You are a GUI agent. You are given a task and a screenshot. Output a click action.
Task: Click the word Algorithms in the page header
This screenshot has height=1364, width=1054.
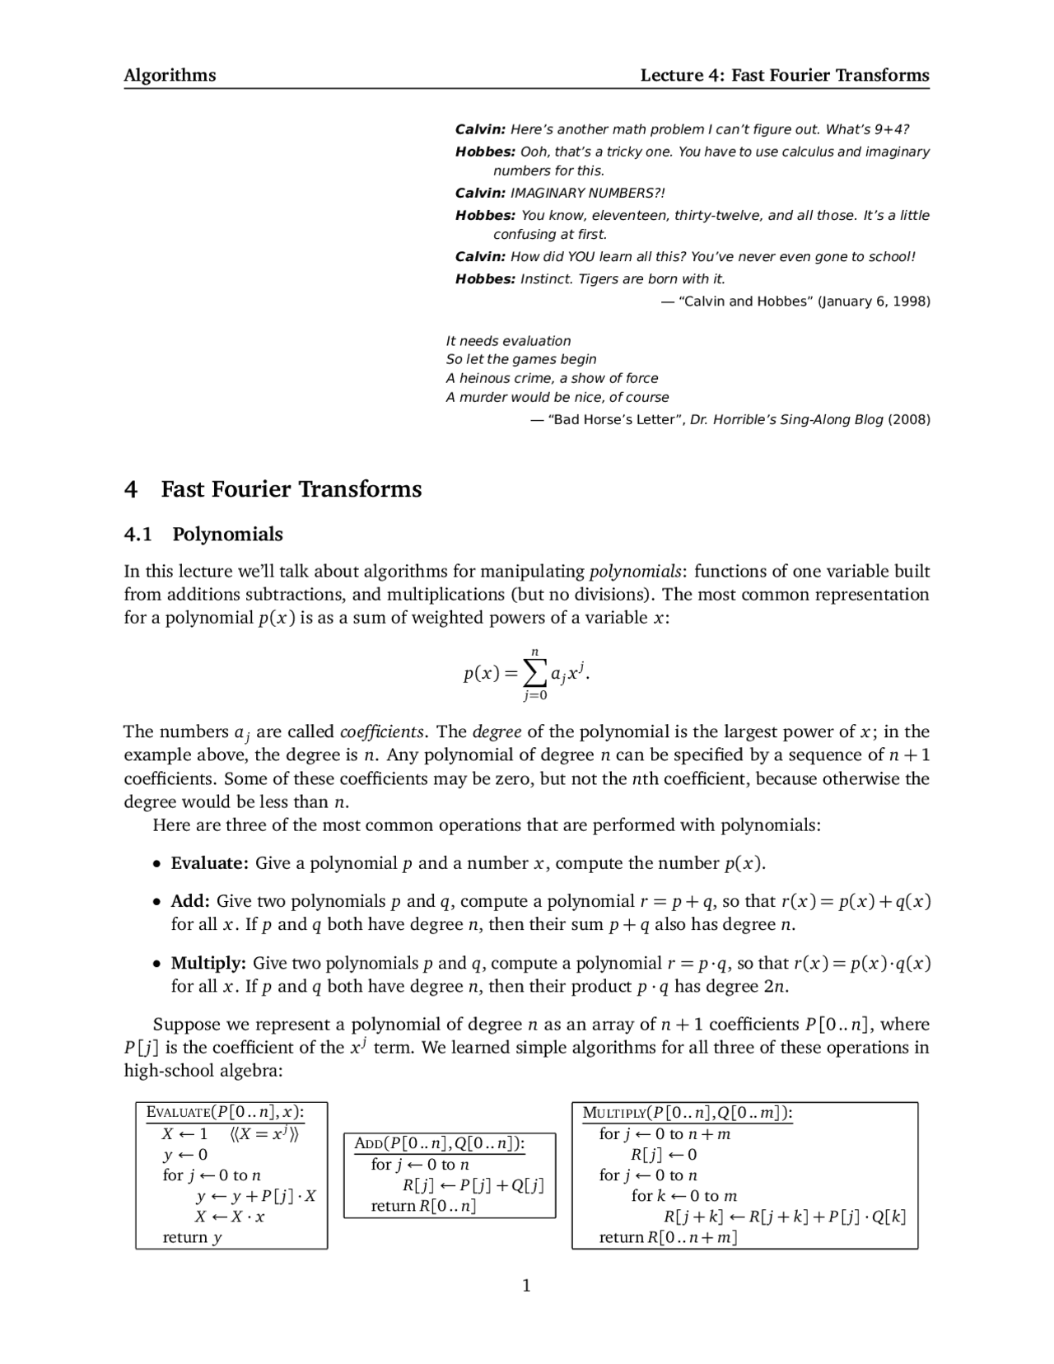(170, 76)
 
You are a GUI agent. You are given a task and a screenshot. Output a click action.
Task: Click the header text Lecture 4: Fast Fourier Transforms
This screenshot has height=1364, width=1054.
(785, 76)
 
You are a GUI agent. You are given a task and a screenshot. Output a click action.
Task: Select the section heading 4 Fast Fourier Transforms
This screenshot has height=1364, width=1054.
(273, 489)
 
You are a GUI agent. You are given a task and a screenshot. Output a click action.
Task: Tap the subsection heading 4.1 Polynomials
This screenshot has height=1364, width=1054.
(203, 535)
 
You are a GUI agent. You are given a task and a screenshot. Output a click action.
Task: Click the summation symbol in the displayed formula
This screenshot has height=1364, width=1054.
(534, 674)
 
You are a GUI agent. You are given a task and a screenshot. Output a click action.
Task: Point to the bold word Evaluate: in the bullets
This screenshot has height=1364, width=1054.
(209, 863)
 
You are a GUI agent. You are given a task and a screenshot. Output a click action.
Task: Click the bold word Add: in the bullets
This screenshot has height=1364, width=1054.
(190, 901)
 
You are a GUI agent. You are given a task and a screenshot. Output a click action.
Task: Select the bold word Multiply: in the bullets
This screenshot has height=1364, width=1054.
(208, 963)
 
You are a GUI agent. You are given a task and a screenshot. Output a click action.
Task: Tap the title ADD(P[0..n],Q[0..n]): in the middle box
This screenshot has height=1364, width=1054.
(439, 1143)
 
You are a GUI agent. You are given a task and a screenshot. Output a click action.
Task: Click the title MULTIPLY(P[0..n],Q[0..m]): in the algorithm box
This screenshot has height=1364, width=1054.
(687, 1113)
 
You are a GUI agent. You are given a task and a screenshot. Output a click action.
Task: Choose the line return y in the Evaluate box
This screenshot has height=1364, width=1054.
(192, 1237)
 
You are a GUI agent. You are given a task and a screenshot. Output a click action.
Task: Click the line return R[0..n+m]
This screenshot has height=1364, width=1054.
(668, 1237)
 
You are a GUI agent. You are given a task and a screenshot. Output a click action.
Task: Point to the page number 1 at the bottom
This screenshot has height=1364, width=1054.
(527, 1286)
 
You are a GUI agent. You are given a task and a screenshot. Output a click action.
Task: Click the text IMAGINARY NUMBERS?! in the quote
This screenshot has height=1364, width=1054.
(587, 193)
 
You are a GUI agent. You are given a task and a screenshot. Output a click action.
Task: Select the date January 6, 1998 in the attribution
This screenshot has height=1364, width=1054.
(873, 301)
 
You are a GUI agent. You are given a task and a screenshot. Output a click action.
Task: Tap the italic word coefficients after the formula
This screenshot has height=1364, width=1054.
(381, 732)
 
